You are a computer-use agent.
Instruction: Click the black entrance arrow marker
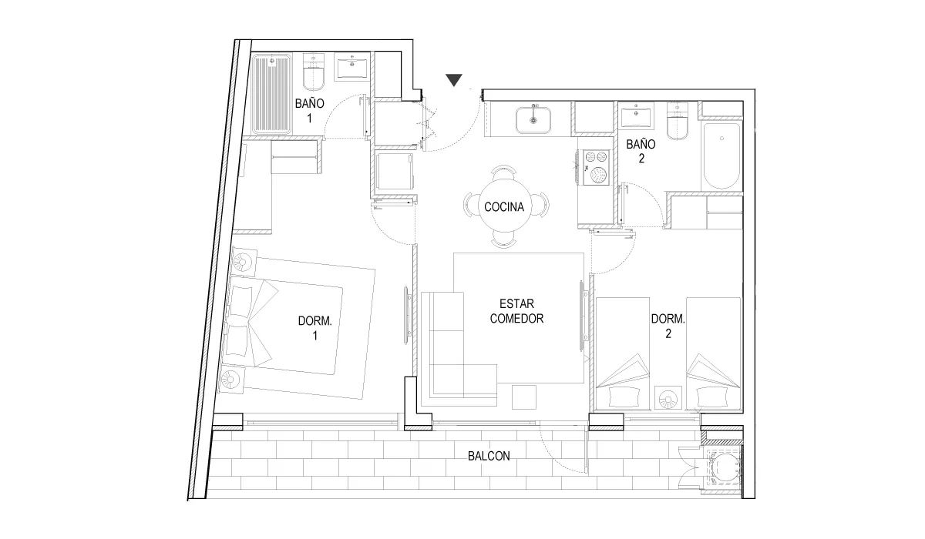coord(454,80)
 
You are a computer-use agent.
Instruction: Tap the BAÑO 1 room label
coord(309,111)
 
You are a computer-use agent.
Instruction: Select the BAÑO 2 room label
coord(641,151)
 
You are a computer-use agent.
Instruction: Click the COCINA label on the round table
coord(504,206)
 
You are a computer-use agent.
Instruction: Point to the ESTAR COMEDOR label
coord(516,311)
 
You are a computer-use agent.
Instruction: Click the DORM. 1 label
coord(315,328)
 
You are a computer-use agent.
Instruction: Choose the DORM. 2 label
coord(668,326)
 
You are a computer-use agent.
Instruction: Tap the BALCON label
coord(489,456)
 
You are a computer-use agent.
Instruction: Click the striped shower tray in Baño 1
coord(271,95)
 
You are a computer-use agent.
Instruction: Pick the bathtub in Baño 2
coord(721,156)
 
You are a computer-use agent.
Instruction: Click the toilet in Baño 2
coord(678,121)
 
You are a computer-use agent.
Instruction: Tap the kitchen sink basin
coord(533,120)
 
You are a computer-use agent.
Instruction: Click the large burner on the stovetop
coord(598,175)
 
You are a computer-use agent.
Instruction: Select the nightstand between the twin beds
coord(668,398)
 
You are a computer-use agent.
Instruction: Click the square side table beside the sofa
coord(524,397)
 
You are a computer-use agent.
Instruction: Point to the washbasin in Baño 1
coord(352,66)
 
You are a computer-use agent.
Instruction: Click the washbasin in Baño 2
coord(636,115)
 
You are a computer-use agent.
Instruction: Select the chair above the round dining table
coord(503,171)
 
